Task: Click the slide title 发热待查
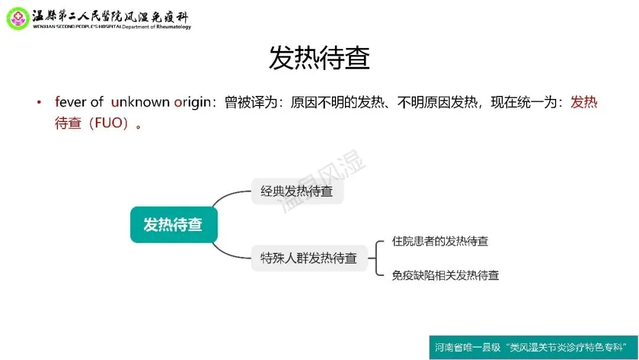point(319,58)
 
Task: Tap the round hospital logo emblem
point(17,18)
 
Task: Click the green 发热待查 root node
point(173,225)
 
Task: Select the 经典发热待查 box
point(297,191)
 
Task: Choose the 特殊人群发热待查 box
point(309,258)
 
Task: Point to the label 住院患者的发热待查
point(440,241)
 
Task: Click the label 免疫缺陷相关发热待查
point(445,275)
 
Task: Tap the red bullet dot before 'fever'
point(40,102)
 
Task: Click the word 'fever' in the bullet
point(70,102)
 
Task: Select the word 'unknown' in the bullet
point(140,102)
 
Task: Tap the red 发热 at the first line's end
point(584,102)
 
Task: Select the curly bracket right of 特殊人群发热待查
point(377,258)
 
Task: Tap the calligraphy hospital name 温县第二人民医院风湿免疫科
point(110,14)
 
